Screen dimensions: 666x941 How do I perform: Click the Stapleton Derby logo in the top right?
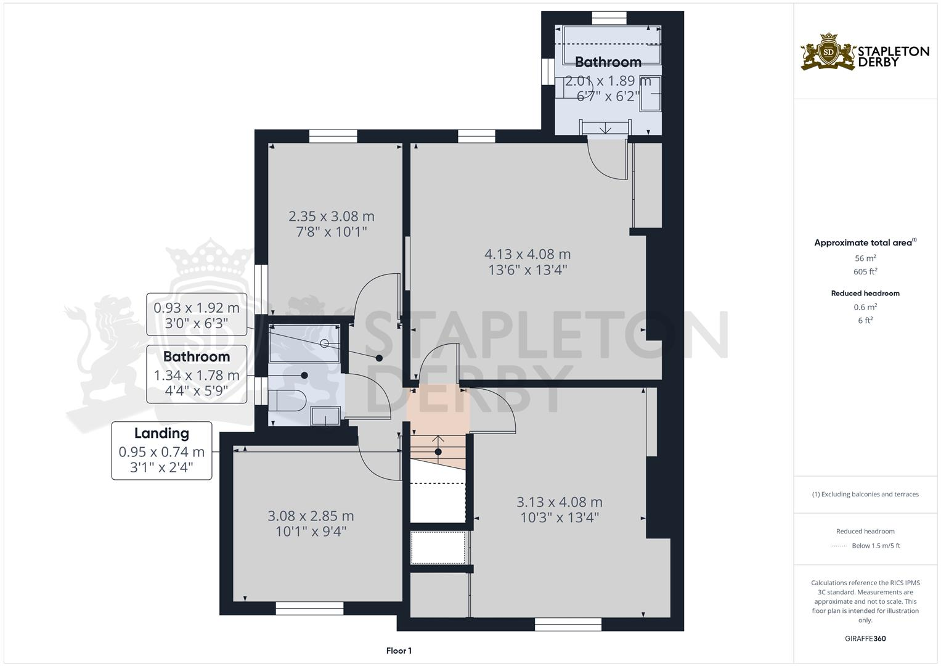pos(865,51)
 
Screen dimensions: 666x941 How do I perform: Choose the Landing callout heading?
pos(161,434)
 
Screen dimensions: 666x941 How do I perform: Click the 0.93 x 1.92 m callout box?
pos(197,314)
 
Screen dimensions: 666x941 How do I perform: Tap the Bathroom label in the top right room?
pos(608,62)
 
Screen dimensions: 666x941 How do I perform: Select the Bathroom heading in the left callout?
pos(197,357)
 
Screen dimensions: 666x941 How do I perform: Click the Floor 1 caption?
pos(399,651)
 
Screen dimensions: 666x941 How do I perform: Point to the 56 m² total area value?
pos(865,258)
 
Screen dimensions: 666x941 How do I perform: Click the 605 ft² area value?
pos(865,271)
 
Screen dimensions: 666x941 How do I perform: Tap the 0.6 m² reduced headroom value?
pos(865,307)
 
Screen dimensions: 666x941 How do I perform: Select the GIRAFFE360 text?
pos(865,639)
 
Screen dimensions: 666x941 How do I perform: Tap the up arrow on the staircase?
pos(438,440)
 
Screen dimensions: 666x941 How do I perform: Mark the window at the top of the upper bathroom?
pos(609,18)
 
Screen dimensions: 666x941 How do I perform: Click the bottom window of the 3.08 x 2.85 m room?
pos(309,609)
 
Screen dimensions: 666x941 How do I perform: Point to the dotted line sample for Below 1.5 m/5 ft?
pos(839,546)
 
